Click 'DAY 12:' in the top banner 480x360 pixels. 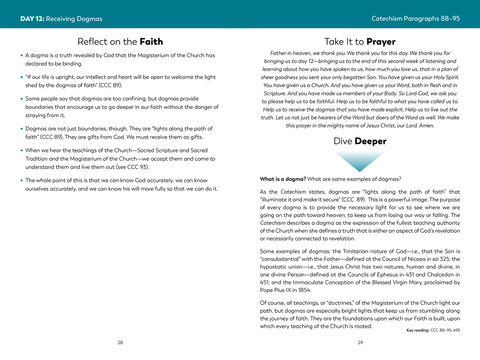[32, 19]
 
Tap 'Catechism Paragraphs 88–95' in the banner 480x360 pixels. [416, 19]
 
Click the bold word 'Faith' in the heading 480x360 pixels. [151, 42]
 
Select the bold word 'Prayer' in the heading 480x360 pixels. [381, 42]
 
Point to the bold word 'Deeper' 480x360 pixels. [370, 141]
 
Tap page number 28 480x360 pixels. [120, 343]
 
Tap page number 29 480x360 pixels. [360, 343]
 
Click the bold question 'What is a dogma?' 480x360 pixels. [283, 179]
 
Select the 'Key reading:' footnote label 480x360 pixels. [418, 330]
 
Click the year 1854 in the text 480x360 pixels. [304, 290]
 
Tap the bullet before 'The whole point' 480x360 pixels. [22, 181]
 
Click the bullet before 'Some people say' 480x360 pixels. [22, 99]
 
